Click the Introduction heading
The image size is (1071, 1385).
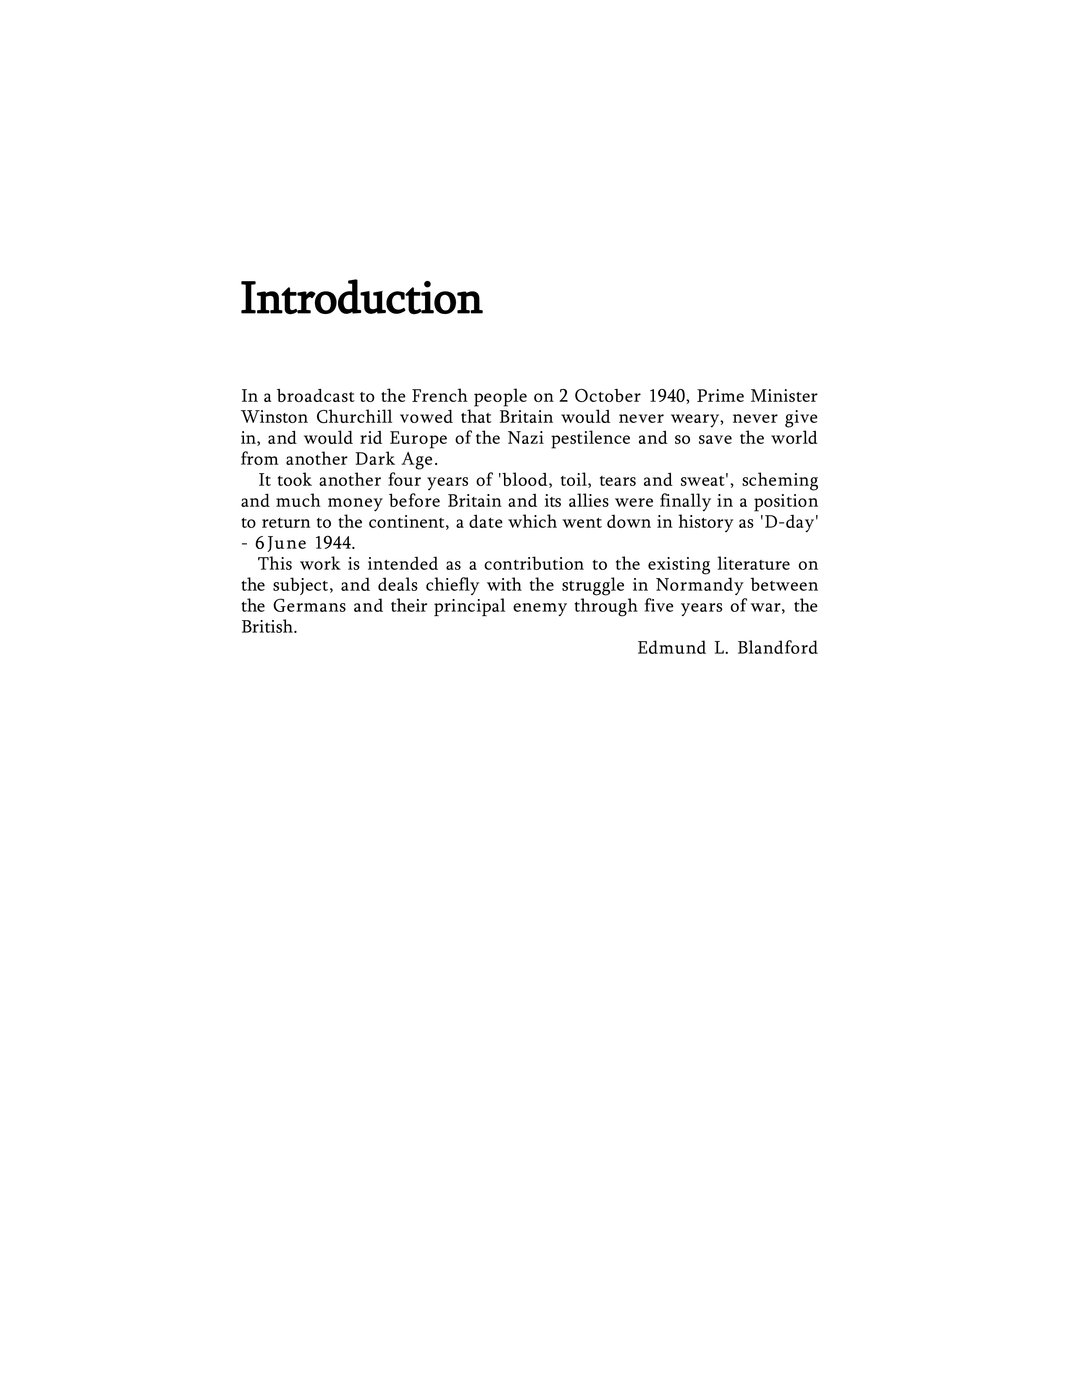click(361, 299)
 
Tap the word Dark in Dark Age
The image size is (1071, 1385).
click(376, 459)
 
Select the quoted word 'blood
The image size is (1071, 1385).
click(524, 480)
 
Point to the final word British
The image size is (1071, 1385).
click(269, 627)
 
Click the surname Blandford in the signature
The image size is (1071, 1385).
click(777, 648)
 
